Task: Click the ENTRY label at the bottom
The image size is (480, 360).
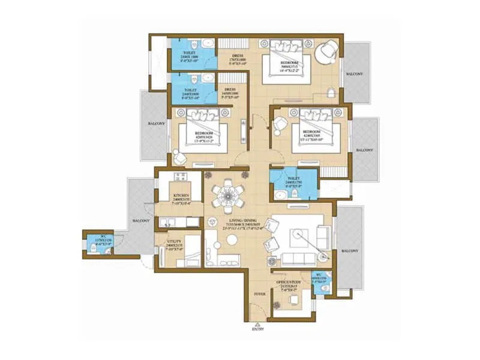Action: pos(258,329)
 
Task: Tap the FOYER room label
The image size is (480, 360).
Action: pos(259,294)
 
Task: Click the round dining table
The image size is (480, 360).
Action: pos(228,195)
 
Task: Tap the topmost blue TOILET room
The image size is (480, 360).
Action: pos(192,56)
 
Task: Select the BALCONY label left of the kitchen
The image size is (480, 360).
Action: pos(140,220)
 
